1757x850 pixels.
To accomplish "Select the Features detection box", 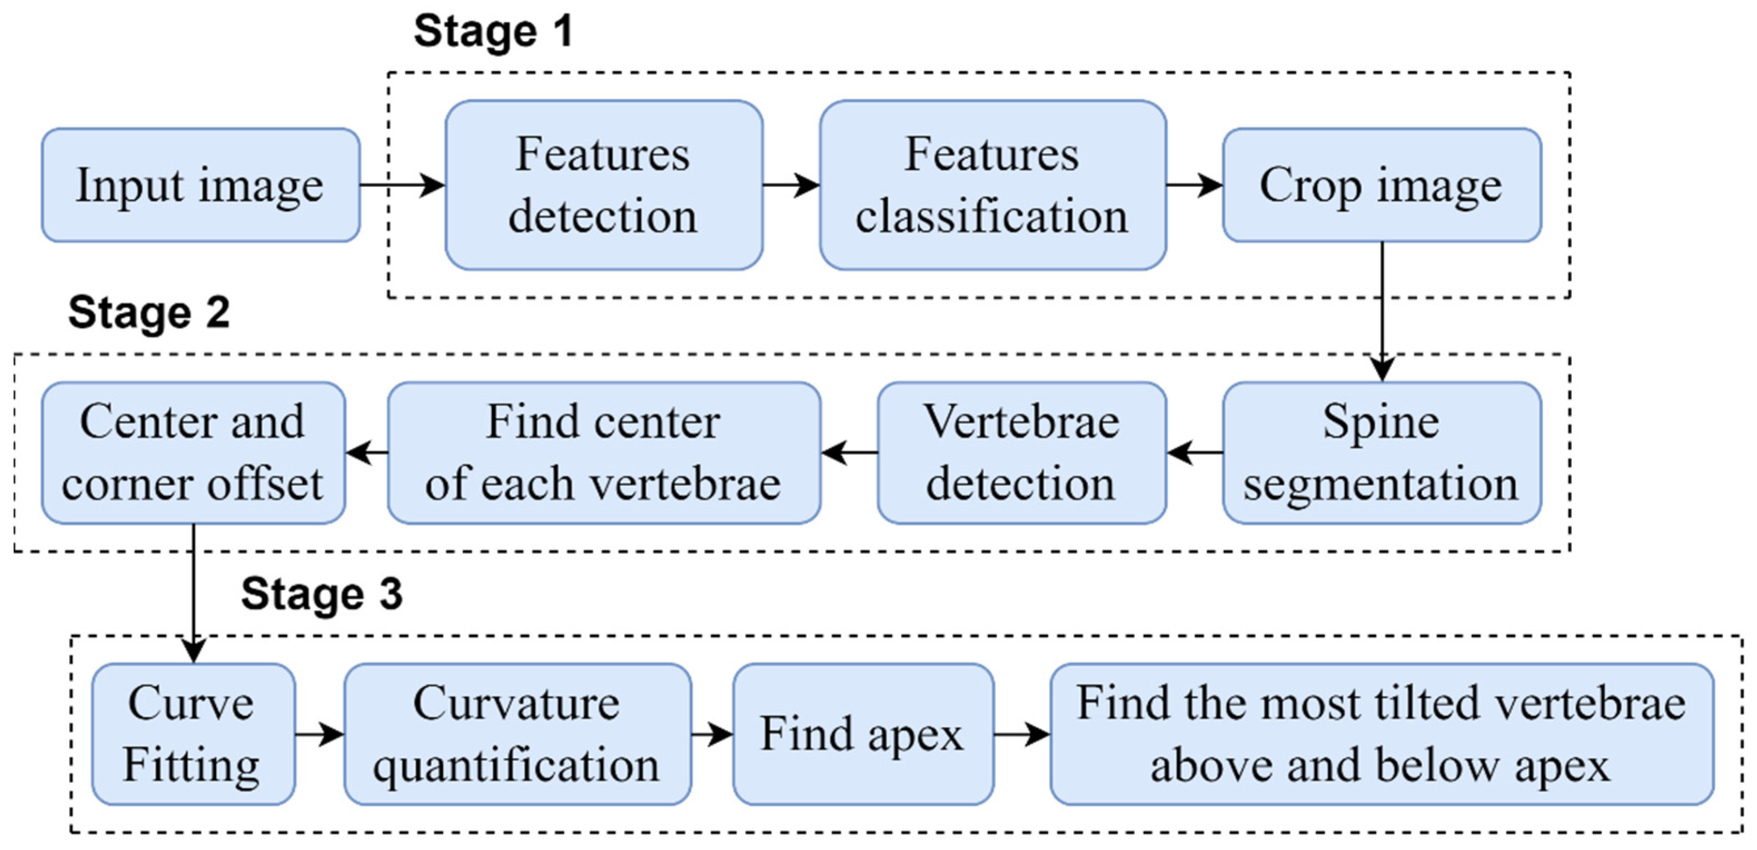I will pyautogui.click(x=604, y=185).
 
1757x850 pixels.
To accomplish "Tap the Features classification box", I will pyautogui.click(x=992, y=185).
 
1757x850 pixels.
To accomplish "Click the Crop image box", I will pyautogui.click(x=1381, y=185).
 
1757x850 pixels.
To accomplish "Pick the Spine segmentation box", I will pyautogui.click(x=1381, y=453).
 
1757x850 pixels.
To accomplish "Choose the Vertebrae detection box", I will pyautogui.click(x=1021, y=453).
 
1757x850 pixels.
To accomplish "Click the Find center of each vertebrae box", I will pyautogui.click(x=604, y=453).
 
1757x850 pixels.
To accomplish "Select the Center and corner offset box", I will pyautogui.click(x=193, y=453).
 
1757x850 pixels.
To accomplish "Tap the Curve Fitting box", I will pyautogui.click(x=193, y=734).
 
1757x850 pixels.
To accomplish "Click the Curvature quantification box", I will pyautogui.click(x=517, y=734).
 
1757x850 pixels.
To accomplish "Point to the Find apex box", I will pyautogui.click(x=863, y=734).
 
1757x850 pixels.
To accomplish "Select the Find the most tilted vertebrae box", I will pyautogui.click(x=1381, y=734).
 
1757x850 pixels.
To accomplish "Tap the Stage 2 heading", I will pyautogui.click(x=148, y=313).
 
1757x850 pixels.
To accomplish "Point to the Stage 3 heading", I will pyautogui.click(x=322, y=594).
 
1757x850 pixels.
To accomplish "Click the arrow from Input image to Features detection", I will pyautogui.click(x=402, y=185).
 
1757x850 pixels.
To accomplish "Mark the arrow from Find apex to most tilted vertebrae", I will pyautogui.click(x=1021, y=734).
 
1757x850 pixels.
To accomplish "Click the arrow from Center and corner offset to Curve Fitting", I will pyautogui.click(x=193, y=593).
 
